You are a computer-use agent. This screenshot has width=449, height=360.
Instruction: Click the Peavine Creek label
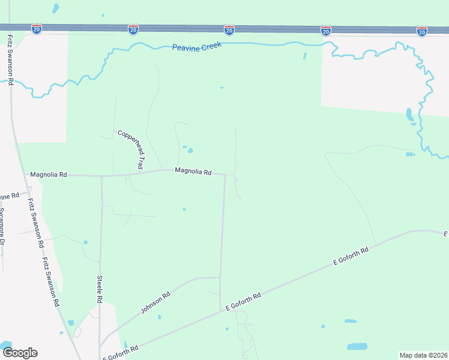tap(197, 46)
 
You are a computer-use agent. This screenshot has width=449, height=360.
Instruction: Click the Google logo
tap(20, 352)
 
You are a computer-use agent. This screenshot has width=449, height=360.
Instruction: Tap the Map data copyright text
tap(423, 355)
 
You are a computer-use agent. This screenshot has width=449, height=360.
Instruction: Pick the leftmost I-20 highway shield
tap(37, 29)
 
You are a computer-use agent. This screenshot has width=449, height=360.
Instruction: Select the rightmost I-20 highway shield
tap(422, 31)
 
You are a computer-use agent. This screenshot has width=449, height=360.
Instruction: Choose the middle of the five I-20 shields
tap(229, 29)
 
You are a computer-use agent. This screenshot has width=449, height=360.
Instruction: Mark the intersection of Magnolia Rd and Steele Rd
tap(101, 176)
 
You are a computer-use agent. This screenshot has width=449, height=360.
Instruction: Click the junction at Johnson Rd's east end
tap(220, 278)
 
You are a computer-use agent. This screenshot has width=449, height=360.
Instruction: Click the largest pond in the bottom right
tap(357, 346)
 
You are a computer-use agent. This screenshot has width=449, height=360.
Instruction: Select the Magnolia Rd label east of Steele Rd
tap(193, 172)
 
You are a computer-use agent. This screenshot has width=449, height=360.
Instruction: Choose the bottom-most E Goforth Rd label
tap(123, 350)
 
